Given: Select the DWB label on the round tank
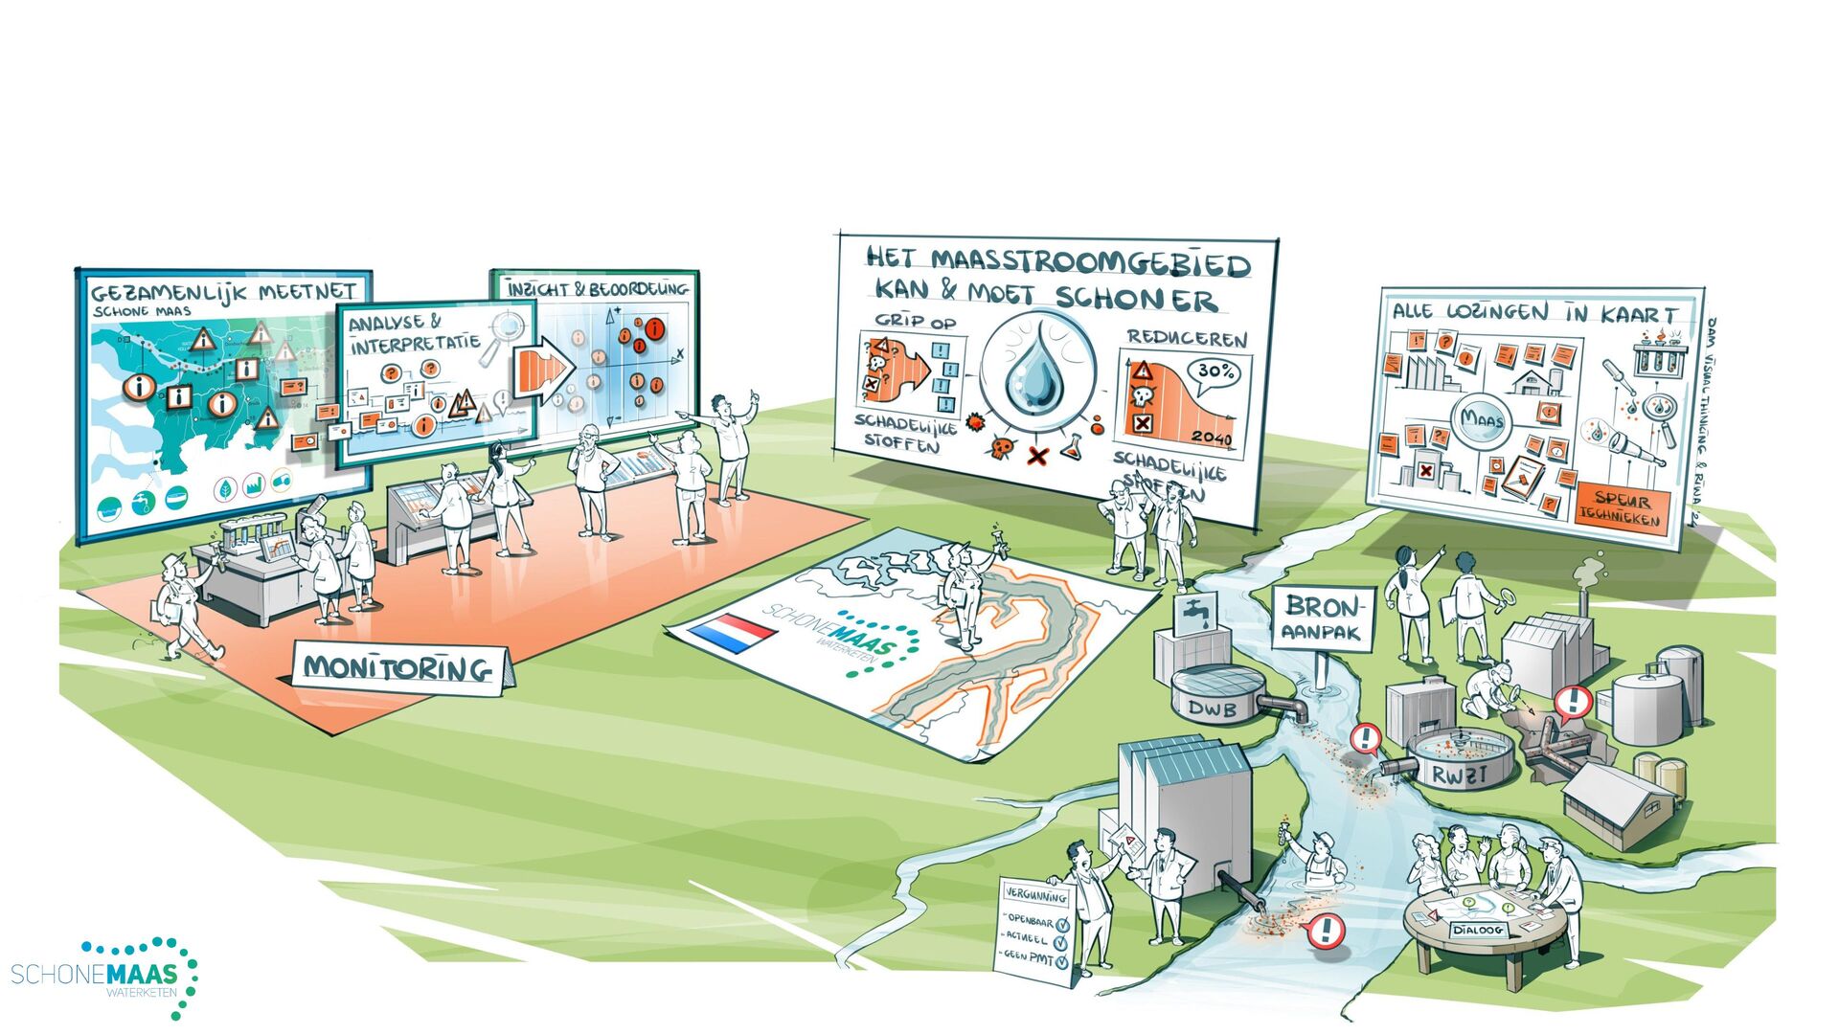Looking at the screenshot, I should click(1211, 709).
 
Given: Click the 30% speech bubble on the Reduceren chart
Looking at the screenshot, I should click(1214, 372).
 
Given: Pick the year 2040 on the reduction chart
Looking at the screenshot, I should click(1212, 438).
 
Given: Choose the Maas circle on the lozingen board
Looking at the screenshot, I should click(1481, 420).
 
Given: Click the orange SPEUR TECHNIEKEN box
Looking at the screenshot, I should click(1622, 508).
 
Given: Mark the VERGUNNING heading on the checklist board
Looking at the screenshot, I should click(1035, 897).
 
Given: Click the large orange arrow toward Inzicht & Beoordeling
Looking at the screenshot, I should click(543, 371).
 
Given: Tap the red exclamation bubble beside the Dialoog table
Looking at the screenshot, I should click(1326, 930).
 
